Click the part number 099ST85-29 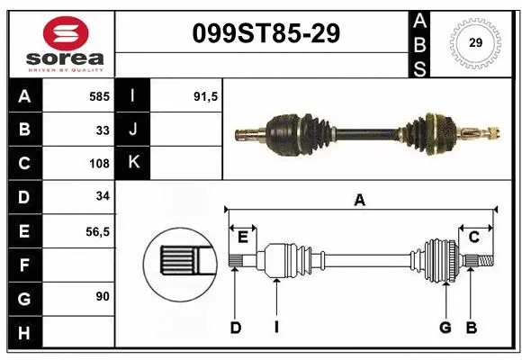point(266,33)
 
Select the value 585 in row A point(99,95)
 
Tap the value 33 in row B point(103,130)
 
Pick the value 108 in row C point(99,164)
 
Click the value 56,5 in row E point(96,231)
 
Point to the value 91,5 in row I point(206,95)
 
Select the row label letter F point(23,265)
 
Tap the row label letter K point(132,163)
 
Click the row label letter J point(132,130)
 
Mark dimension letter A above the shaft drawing point(360,201)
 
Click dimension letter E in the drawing point(243,237)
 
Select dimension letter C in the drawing point(473,237)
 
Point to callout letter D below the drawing point(236,328)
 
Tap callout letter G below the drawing point(445,328)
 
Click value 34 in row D point(103,197)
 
